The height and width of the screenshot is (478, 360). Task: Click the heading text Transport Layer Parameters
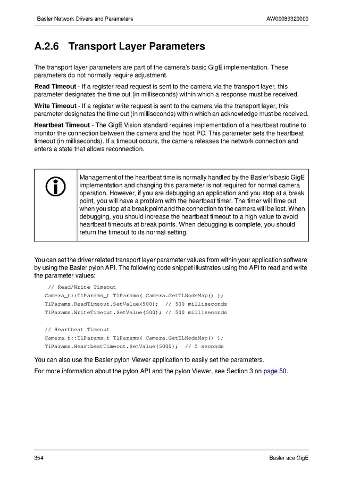(137, 47)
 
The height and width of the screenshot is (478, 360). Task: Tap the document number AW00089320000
(287, 19)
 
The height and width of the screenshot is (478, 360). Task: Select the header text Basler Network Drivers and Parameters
(85, 19)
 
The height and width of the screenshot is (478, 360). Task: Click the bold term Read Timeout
(55, 86)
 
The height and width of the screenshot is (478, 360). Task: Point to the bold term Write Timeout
(55, 106)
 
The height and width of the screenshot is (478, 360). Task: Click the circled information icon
(56, 185)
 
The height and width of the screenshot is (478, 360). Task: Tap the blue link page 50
(275, 371)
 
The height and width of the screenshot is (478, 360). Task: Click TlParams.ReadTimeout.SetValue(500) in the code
(102, 304)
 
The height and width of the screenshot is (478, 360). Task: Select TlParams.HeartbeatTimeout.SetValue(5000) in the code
(111, 347)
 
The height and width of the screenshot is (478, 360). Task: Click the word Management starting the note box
(98, 177)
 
